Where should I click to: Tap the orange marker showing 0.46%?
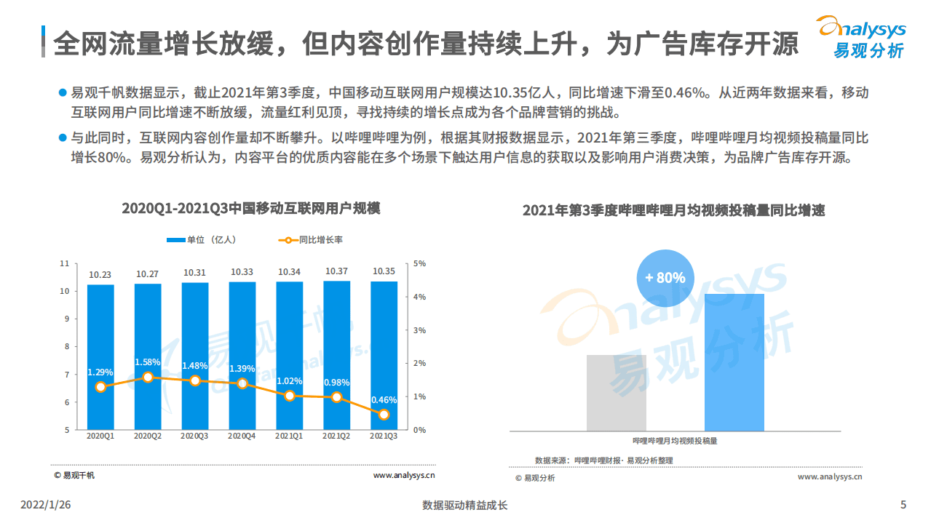[384, 415]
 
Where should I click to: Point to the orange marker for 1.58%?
[148, 378]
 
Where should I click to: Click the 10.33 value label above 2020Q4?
[242, 272]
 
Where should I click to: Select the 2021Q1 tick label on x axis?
[289, 436]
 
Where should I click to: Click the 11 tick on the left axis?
[65, 264]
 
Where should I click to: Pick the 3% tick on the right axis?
[419, 330]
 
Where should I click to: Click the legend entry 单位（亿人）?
[200, 239]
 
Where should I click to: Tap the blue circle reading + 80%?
[665, 277]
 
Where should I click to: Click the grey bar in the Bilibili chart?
[617, 393]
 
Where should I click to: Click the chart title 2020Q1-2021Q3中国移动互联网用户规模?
[251, 208]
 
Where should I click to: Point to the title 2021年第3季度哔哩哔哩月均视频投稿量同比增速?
[673, 211]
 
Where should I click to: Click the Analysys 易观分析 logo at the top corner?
[862, 36]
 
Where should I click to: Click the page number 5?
[903, 505]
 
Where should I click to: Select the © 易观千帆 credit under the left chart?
[74, 476]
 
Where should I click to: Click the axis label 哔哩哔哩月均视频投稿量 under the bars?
[675, 441]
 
